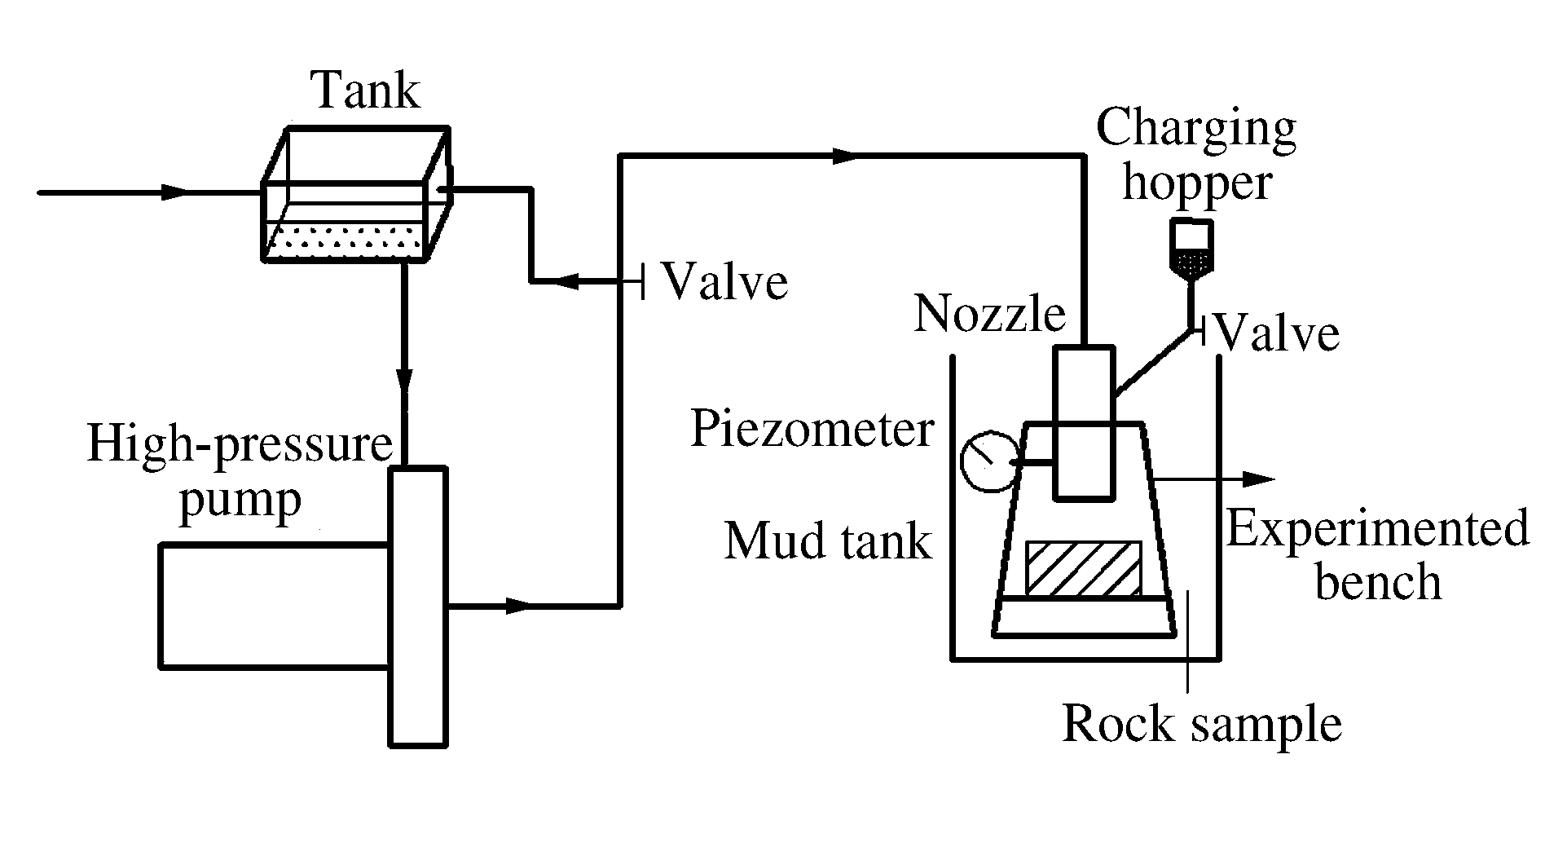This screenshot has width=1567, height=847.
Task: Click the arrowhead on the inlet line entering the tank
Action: (x=174, y=192)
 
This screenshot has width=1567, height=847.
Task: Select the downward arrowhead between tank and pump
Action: (x=404, y=380)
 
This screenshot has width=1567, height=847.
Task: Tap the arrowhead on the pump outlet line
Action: (x=518, y=606)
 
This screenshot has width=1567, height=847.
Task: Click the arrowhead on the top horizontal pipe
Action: (x=847, y=155)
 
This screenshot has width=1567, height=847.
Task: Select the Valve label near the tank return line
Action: (x=724, y=282)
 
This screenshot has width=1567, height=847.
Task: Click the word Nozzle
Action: (x=989, y=314)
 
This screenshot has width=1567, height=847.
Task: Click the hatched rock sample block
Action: (x=1083, y=567)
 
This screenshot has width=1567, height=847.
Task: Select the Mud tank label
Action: (x=828, y=540)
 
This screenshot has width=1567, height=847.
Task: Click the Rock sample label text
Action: (x=1202, y=723)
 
